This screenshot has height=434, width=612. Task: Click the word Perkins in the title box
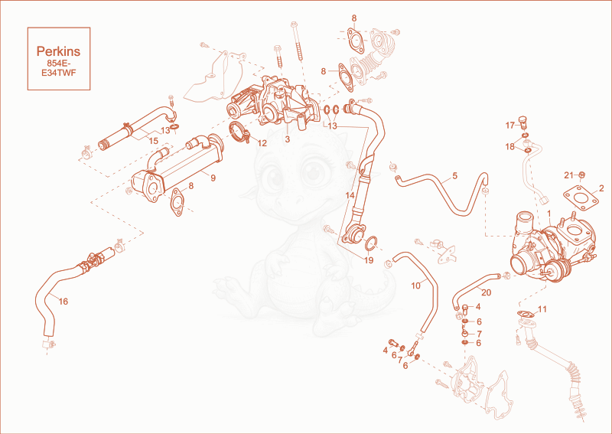tap(59, 51)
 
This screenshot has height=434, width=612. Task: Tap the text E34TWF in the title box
tap(59, 73)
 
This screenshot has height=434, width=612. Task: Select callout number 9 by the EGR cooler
tap(213, 178)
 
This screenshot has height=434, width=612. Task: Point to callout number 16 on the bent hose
tap(63, 301)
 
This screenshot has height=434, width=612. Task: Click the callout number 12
tap(262, 143)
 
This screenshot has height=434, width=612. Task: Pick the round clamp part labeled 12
tap(239, 132)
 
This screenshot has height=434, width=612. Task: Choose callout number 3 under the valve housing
tap(288, 139)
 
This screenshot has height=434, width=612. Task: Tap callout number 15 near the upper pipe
tap(154, 140)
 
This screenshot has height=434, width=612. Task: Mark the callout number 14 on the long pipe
tap(350, 194)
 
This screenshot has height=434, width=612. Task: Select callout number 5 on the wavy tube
tap(454, 176)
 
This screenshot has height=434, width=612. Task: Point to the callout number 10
tap(416, 286)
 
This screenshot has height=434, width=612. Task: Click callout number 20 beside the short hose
tap(487, 292)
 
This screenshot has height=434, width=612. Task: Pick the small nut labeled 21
tap(581, 175)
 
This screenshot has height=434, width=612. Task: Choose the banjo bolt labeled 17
tap(522, 122)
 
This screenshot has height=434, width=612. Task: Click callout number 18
tap(510, 147)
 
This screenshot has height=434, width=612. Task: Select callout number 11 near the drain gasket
tap(542, 309)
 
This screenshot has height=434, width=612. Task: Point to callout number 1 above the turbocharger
tap(549, 214)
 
